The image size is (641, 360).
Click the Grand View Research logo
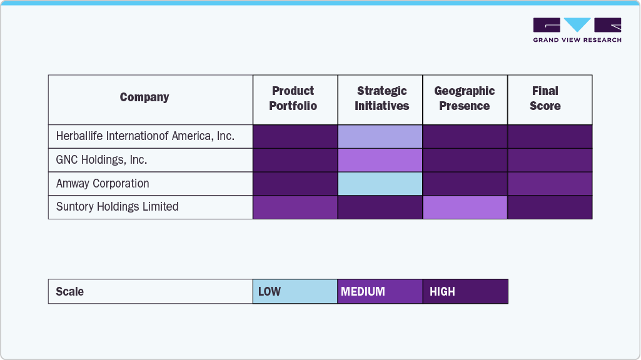tap(577, 30)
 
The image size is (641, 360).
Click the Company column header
tap(144, 97)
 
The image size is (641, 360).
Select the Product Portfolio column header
tap(293, 99)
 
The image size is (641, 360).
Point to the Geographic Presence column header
tap(465, 99)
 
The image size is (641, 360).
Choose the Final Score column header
tap(545, 99)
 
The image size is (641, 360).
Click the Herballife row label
tap(145, 136)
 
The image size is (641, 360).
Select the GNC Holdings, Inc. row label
tap(101, 160)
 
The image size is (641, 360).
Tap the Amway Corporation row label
tap(103, 184)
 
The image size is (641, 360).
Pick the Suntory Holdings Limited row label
tap(117, 207)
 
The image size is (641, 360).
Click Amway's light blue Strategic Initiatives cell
tap(380, 184)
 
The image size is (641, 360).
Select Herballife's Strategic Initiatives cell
tap(380, 136)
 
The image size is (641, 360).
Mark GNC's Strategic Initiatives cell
tap(380, 160)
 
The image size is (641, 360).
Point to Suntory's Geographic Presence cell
tap(465, 207)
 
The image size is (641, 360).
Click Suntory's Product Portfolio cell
tap(295, 207)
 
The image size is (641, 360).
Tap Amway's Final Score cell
tap(550, 184)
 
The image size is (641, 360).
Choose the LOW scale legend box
tap(295, 291)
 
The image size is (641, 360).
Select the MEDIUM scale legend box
tap(380, 291)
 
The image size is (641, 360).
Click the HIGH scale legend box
tap(465, 291)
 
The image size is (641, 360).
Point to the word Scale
tap(69, 292)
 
